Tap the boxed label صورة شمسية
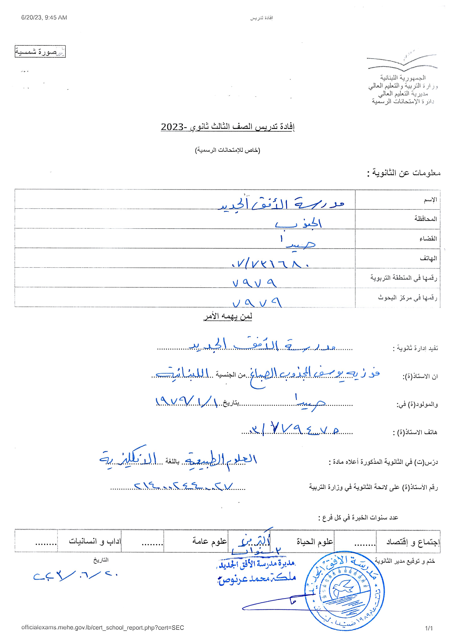(40, 52)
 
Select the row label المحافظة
(425, 219)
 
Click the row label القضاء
(428, 238)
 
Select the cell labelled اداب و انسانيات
(95, 541)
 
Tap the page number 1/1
(428, 628)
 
